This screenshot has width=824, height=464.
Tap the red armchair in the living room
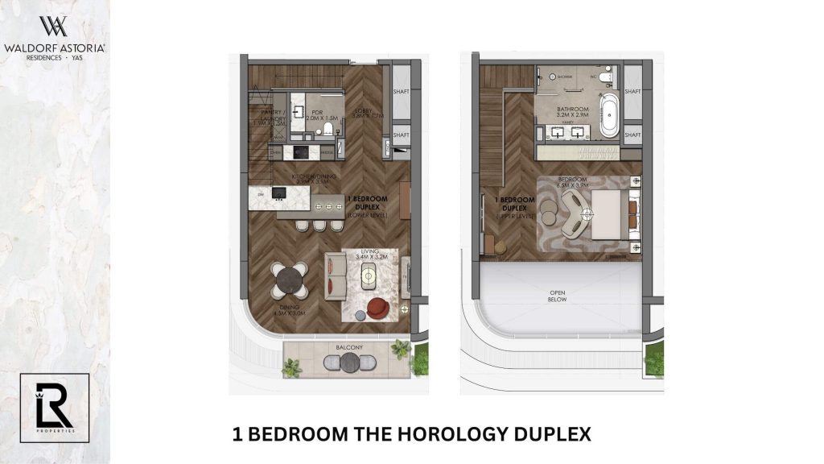[377, 308]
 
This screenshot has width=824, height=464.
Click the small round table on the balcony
[348, 363]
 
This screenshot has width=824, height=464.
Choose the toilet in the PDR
[327, 128]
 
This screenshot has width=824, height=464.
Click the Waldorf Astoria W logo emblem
[54, 26]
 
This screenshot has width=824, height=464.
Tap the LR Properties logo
[54, 408]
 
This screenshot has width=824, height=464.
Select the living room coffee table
[369, 276]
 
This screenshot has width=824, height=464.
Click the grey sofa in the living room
[336, 275]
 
